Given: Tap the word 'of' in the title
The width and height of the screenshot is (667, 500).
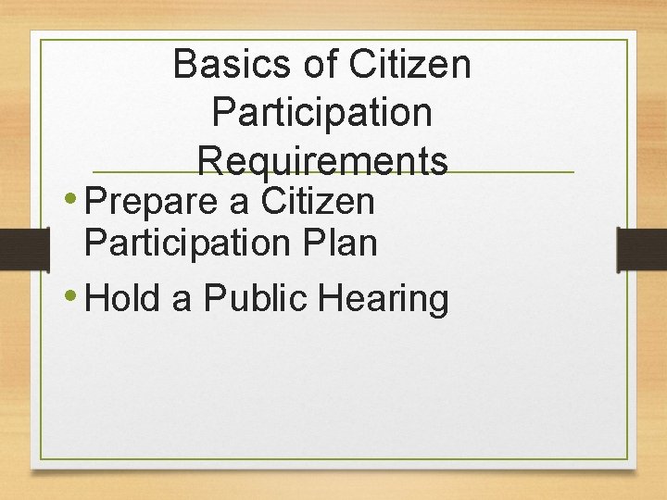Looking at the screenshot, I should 316,65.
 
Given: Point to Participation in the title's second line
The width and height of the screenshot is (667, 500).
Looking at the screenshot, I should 321,114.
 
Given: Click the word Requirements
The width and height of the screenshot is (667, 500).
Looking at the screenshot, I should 322,161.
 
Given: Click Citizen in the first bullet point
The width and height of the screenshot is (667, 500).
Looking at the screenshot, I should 318,201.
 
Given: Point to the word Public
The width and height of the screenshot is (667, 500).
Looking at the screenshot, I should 259,298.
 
